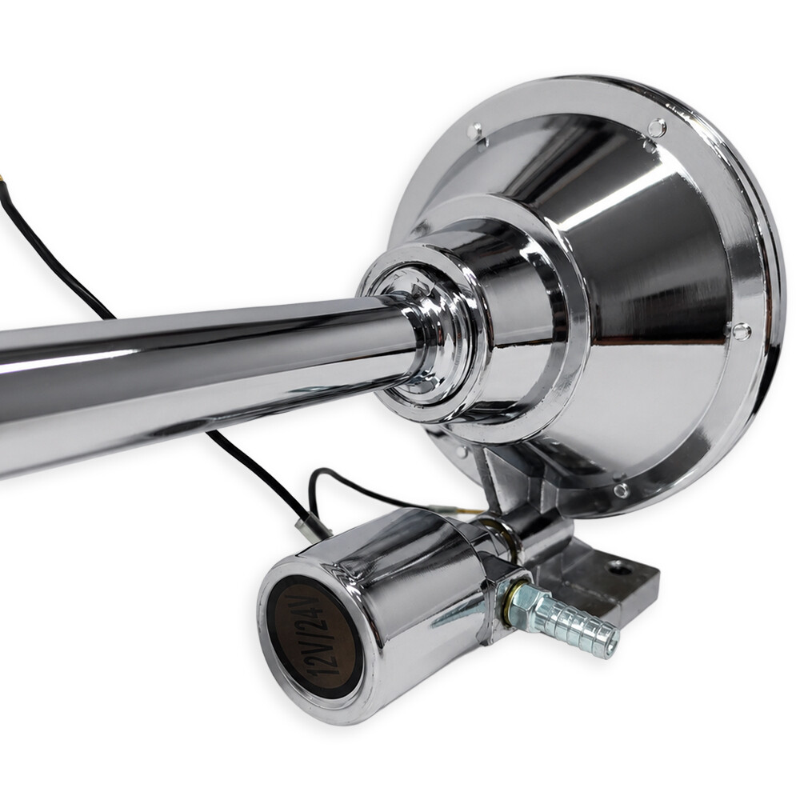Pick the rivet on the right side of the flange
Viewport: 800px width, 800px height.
tap(739, 330)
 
